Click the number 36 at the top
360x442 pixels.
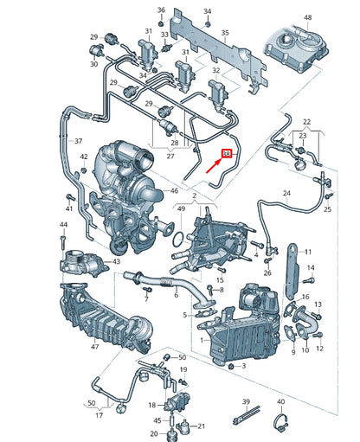[x=161, y=10]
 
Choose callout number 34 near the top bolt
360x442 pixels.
[x=207, y=10]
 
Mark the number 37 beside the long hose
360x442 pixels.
[x=79, y=141]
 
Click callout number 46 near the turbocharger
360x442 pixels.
[x=173, y=189]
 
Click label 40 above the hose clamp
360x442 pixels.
[x=280, y=402]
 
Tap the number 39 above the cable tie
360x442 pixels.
[x=246, y=402]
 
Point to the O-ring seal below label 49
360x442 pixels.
[x=175, y=237]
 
